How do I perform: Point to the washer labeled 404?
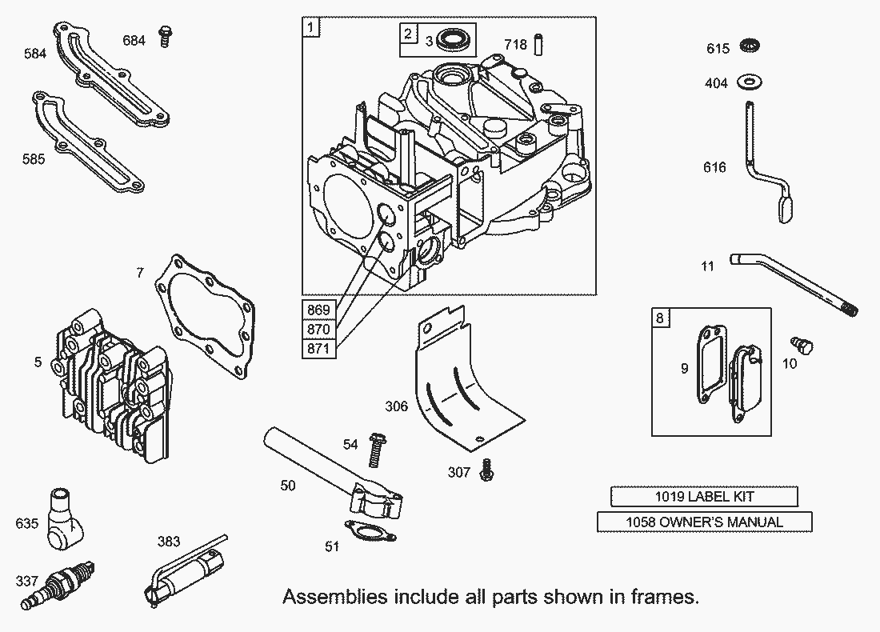tap(750, 81)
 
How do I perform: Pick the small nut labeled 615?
tap(750, 46)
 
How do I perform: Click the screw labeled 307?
tap(486, 471)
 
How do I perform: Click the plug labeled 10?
tap(802, 346)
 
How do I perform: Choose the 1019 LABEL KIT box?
tap(704, 497)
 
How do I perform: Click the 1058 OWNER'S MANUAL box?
tap(704, 522)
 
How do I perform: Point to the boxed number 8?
tap(659, 318)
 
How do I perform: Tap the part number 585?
tap(34, 159)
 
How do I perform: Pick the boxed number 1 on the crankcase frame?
tap(310, 27)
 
